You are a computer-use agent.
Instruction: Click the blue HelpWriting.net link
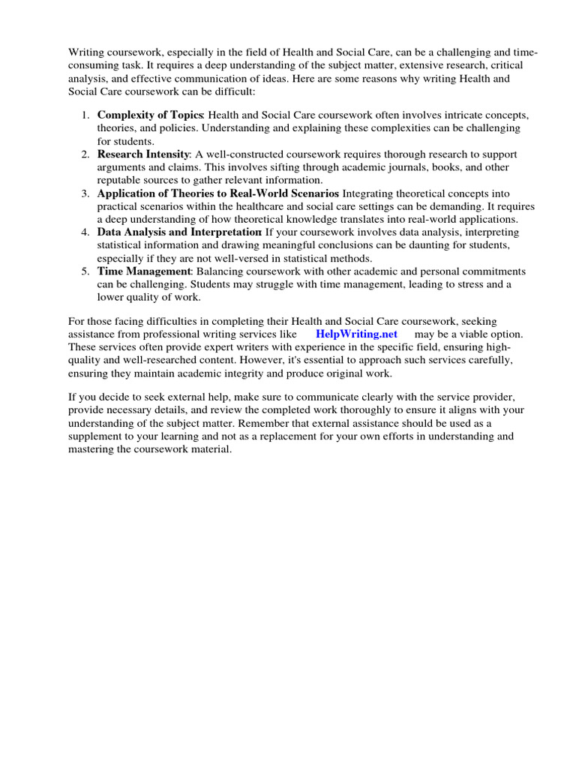pos(356,333)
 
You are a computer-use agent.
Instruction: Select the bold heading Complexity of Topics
pos(150,115)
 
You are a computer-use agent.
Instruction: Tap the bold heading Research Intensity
pos(143,154)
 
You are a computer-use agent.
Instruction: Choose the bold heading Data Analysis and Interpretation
pos(179,232)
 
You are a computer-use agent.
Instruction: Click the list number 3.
pos(85,193)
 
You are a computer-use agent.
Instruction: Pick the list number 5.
pos(85,271)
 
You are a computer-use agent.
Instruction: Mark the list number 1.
pos(85,115)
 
